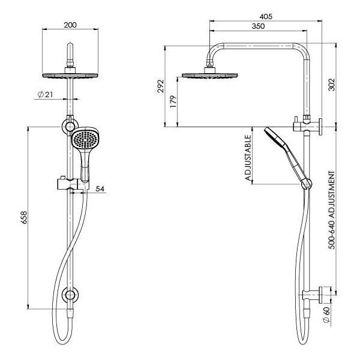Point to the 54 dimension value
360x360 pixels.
[100, 189]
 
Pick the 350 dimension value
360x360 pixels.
[259, 27]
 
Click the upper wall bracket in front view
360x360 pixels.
[67, 127]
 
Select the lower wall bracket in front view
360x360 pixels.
[71, 296]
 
